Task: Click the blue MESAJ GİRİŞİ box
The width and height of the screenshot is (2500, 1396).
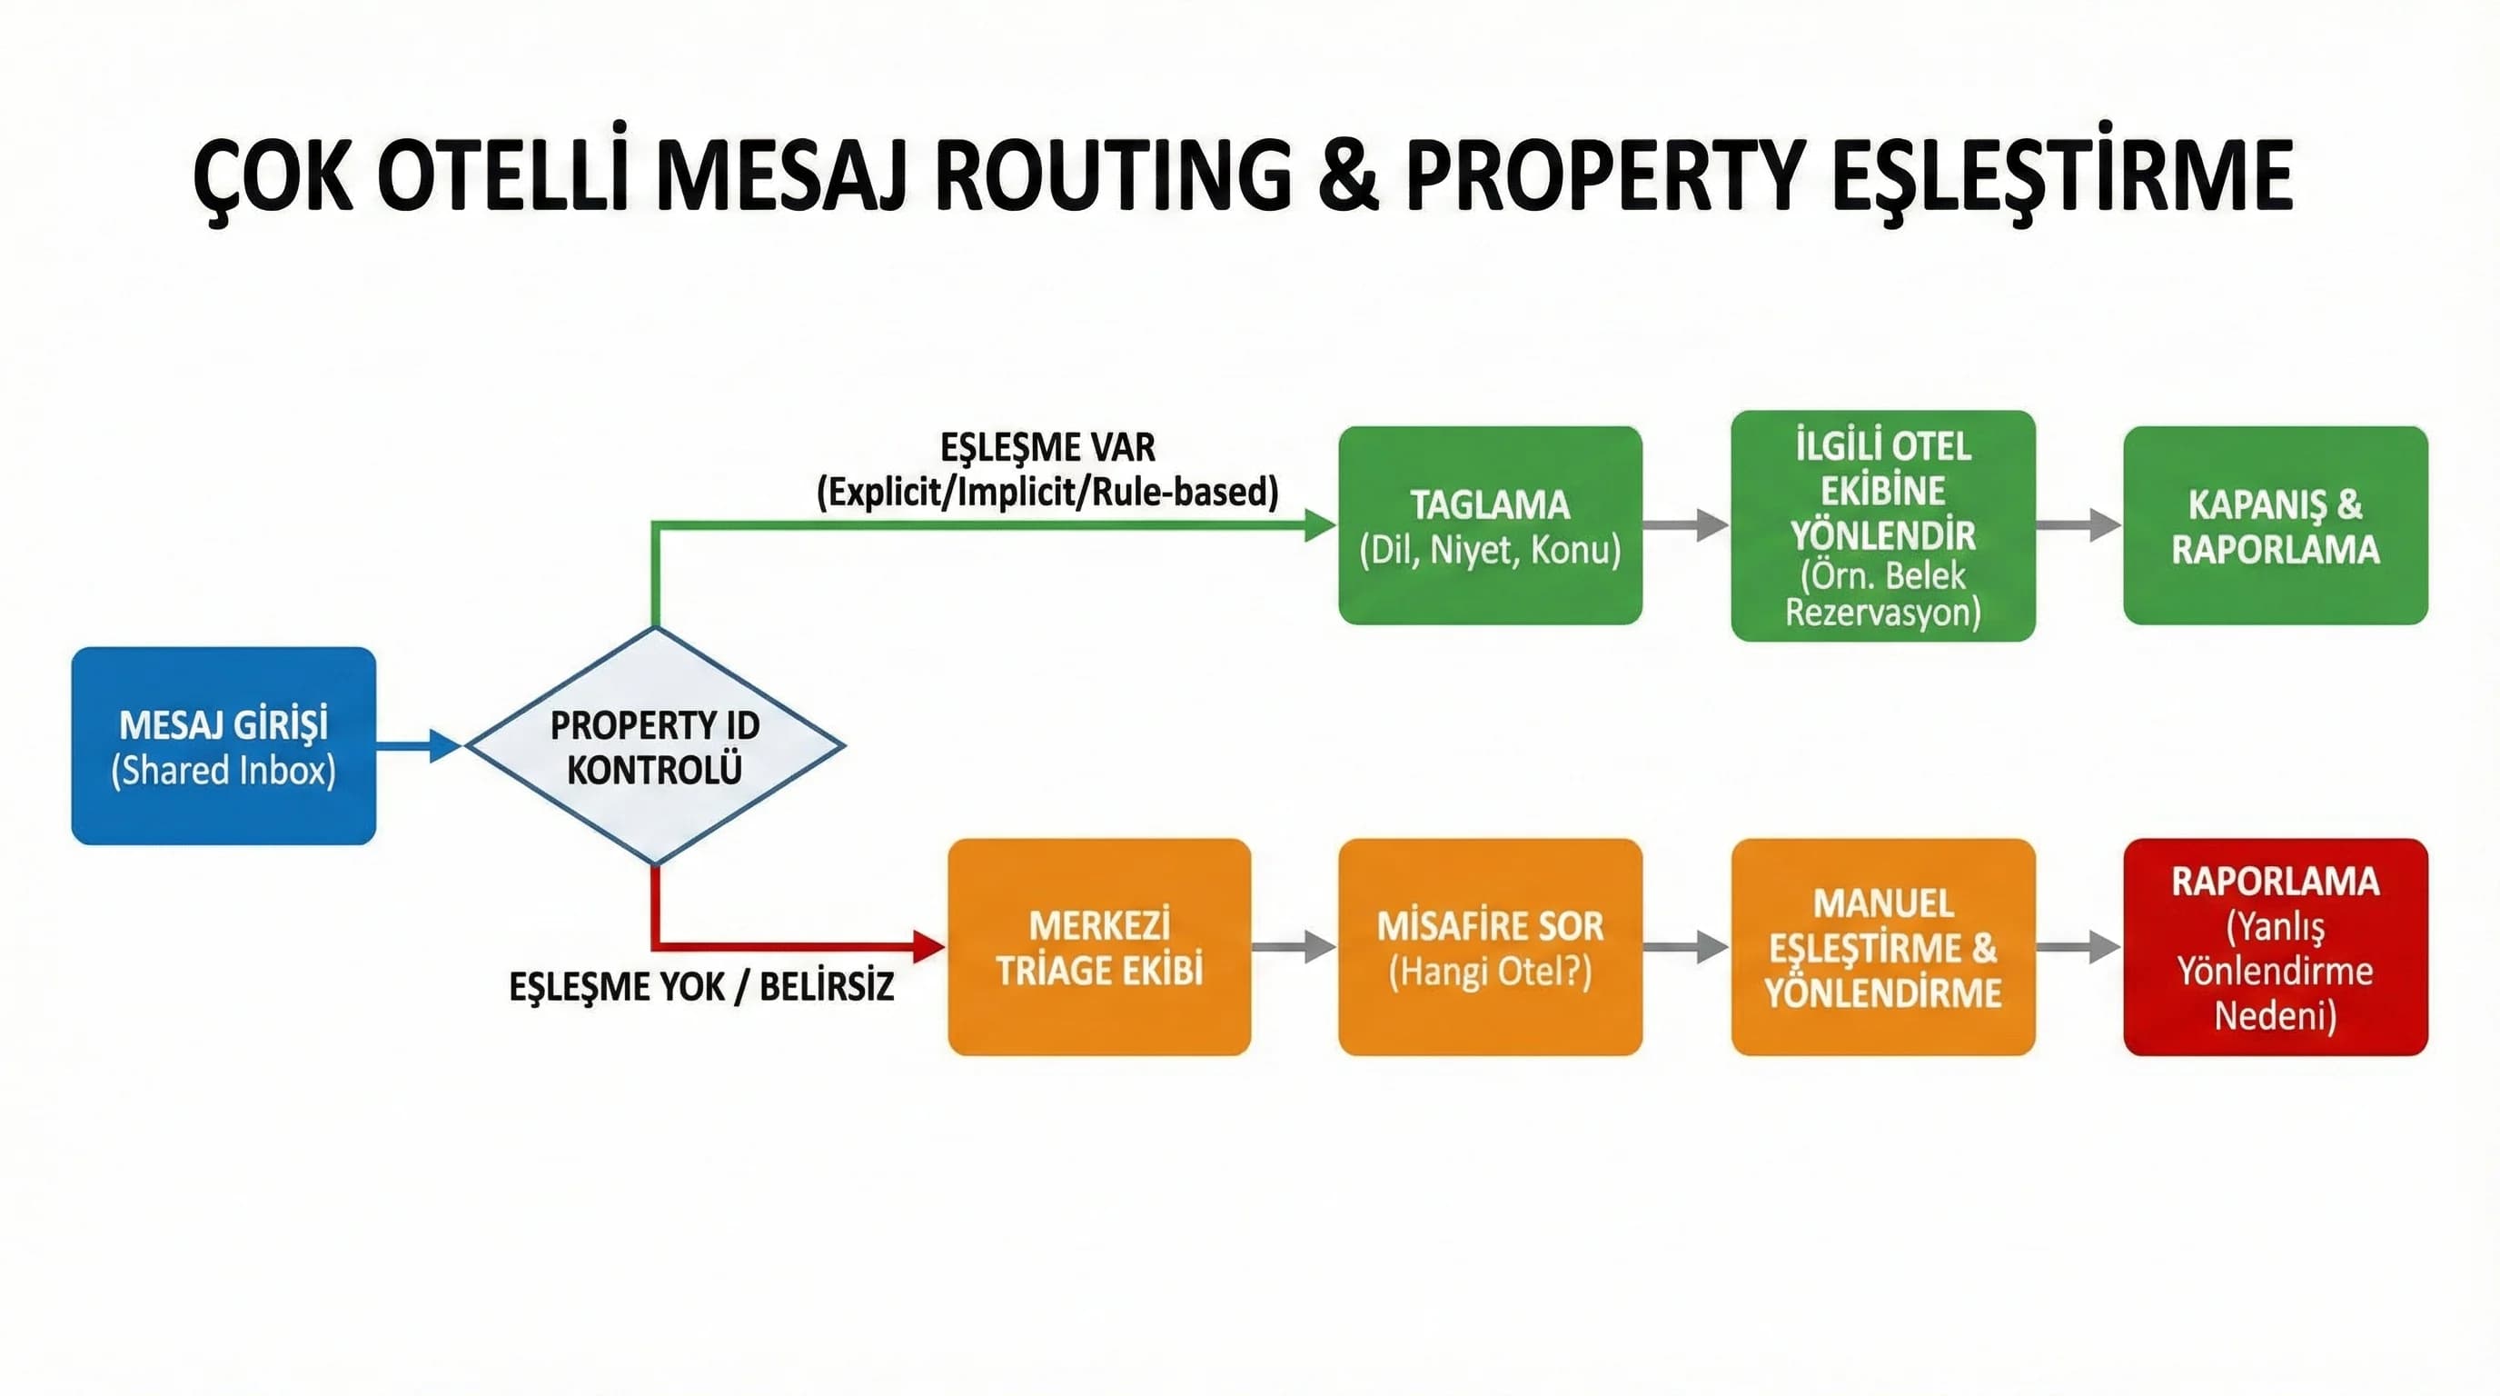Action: click(223, 745)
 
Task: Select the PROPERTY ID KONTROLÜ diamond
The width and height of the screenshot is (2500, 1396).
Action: click(655, 745)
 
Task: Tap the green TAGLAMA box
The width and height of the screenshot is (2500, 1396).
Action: click(1490, 525)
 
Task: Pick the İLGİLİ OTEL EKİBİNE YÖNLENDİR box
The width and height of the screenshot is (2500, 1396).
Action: click(1883, 525)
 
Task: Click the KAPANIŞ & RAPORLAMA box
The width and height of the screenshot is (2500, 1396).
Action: click(2275, 525)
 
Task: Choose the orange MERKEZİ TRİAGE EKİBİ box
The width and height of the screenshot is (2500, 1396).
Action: click(1098, 946)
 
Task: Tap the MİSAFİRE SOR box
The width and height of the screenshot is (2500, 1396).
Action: click(1490, 946)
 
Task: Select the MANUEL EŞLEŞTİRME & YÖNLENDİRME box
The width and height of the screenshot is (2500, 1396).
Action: click(1883, 946)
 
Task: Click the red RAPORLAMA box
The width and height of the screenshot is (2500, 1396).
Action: click(2275, 946)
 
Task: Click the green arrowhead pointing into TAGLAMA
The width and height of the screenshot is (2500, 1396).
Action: click(1320, 525)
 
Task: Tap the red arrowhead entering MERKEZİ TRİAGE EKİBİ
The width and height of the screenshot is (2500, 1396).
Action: click(928, 945)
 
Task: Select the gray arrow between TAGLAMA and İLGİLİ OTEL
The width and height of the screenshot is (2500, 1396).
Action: click(1686, 525)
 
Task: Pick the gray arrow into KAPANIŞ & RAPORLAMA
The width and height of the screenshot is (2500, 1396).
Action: click(2078, 525)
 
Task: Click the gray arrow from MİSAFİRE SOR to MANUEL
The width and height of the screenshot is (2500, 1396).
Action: click(1686, 946)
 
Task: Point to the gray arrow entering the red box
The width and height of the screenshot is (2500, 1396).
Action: click(2078, 946)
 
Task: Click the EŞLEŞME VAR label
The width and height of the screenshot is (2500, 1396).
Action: click(1047, 448)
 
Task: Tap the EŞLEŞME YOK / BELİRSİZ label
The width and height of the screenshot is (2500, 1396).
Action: click(700, 987)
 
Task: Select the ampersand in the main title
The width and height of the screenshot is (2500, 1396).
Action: click(1348, 176)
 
